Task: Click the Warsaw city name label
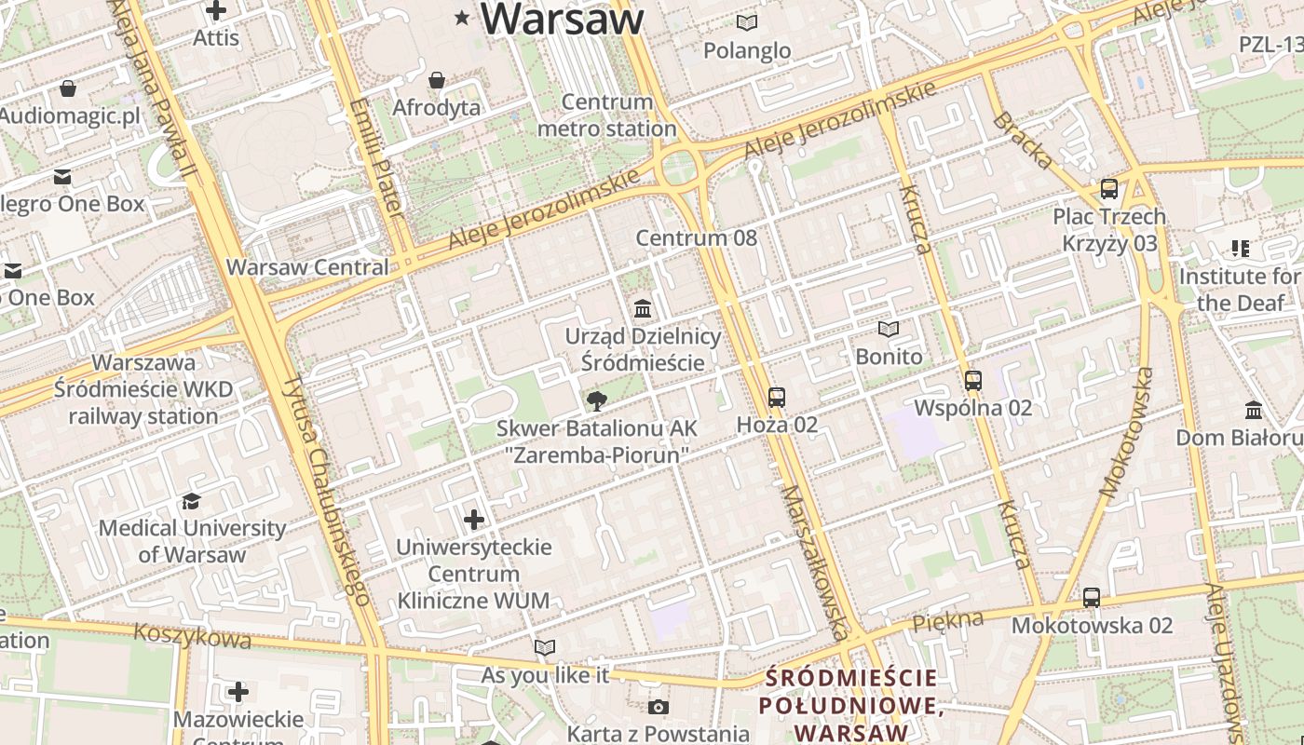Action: click(x=563, y=19)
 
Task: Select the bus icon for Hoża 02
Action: click(x=777, y=398)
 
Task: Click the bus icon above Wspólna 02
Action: click(x=973, y=380)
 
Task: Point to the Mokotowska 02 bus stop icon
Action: click(x=1092, y=597)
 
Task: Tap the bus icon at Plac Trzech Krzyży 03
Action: click(x=1109, y=188)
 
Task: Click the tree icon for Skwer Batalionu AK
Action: click(x=596, y=401)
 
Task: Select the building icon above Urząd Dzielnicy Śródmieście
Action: click(x=643, y=308)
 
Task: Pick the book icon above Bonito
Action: click(x=889, y=329)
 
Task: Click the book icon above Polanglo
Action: click(x=747, y=22)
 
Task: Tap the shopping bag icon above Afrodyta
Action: click(x=436, y=80)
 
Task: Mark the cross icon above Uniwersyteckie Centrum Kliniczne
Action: click(x=474, y=519)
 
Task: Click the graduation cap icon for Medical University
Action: click(x=191, y=501)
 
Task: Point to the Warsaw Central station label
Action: click(x=307, y=267)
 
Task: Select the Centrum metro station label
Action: click(x=607, y=115)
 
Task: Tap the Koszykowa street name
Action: click(x=192, y=636)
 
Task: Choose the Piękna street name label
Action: click(x=948, y=620)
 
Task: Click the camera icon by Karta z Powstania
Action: click(x=659, y=707)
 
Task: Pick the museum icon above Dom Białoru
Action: click(x=1254, y=410)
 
